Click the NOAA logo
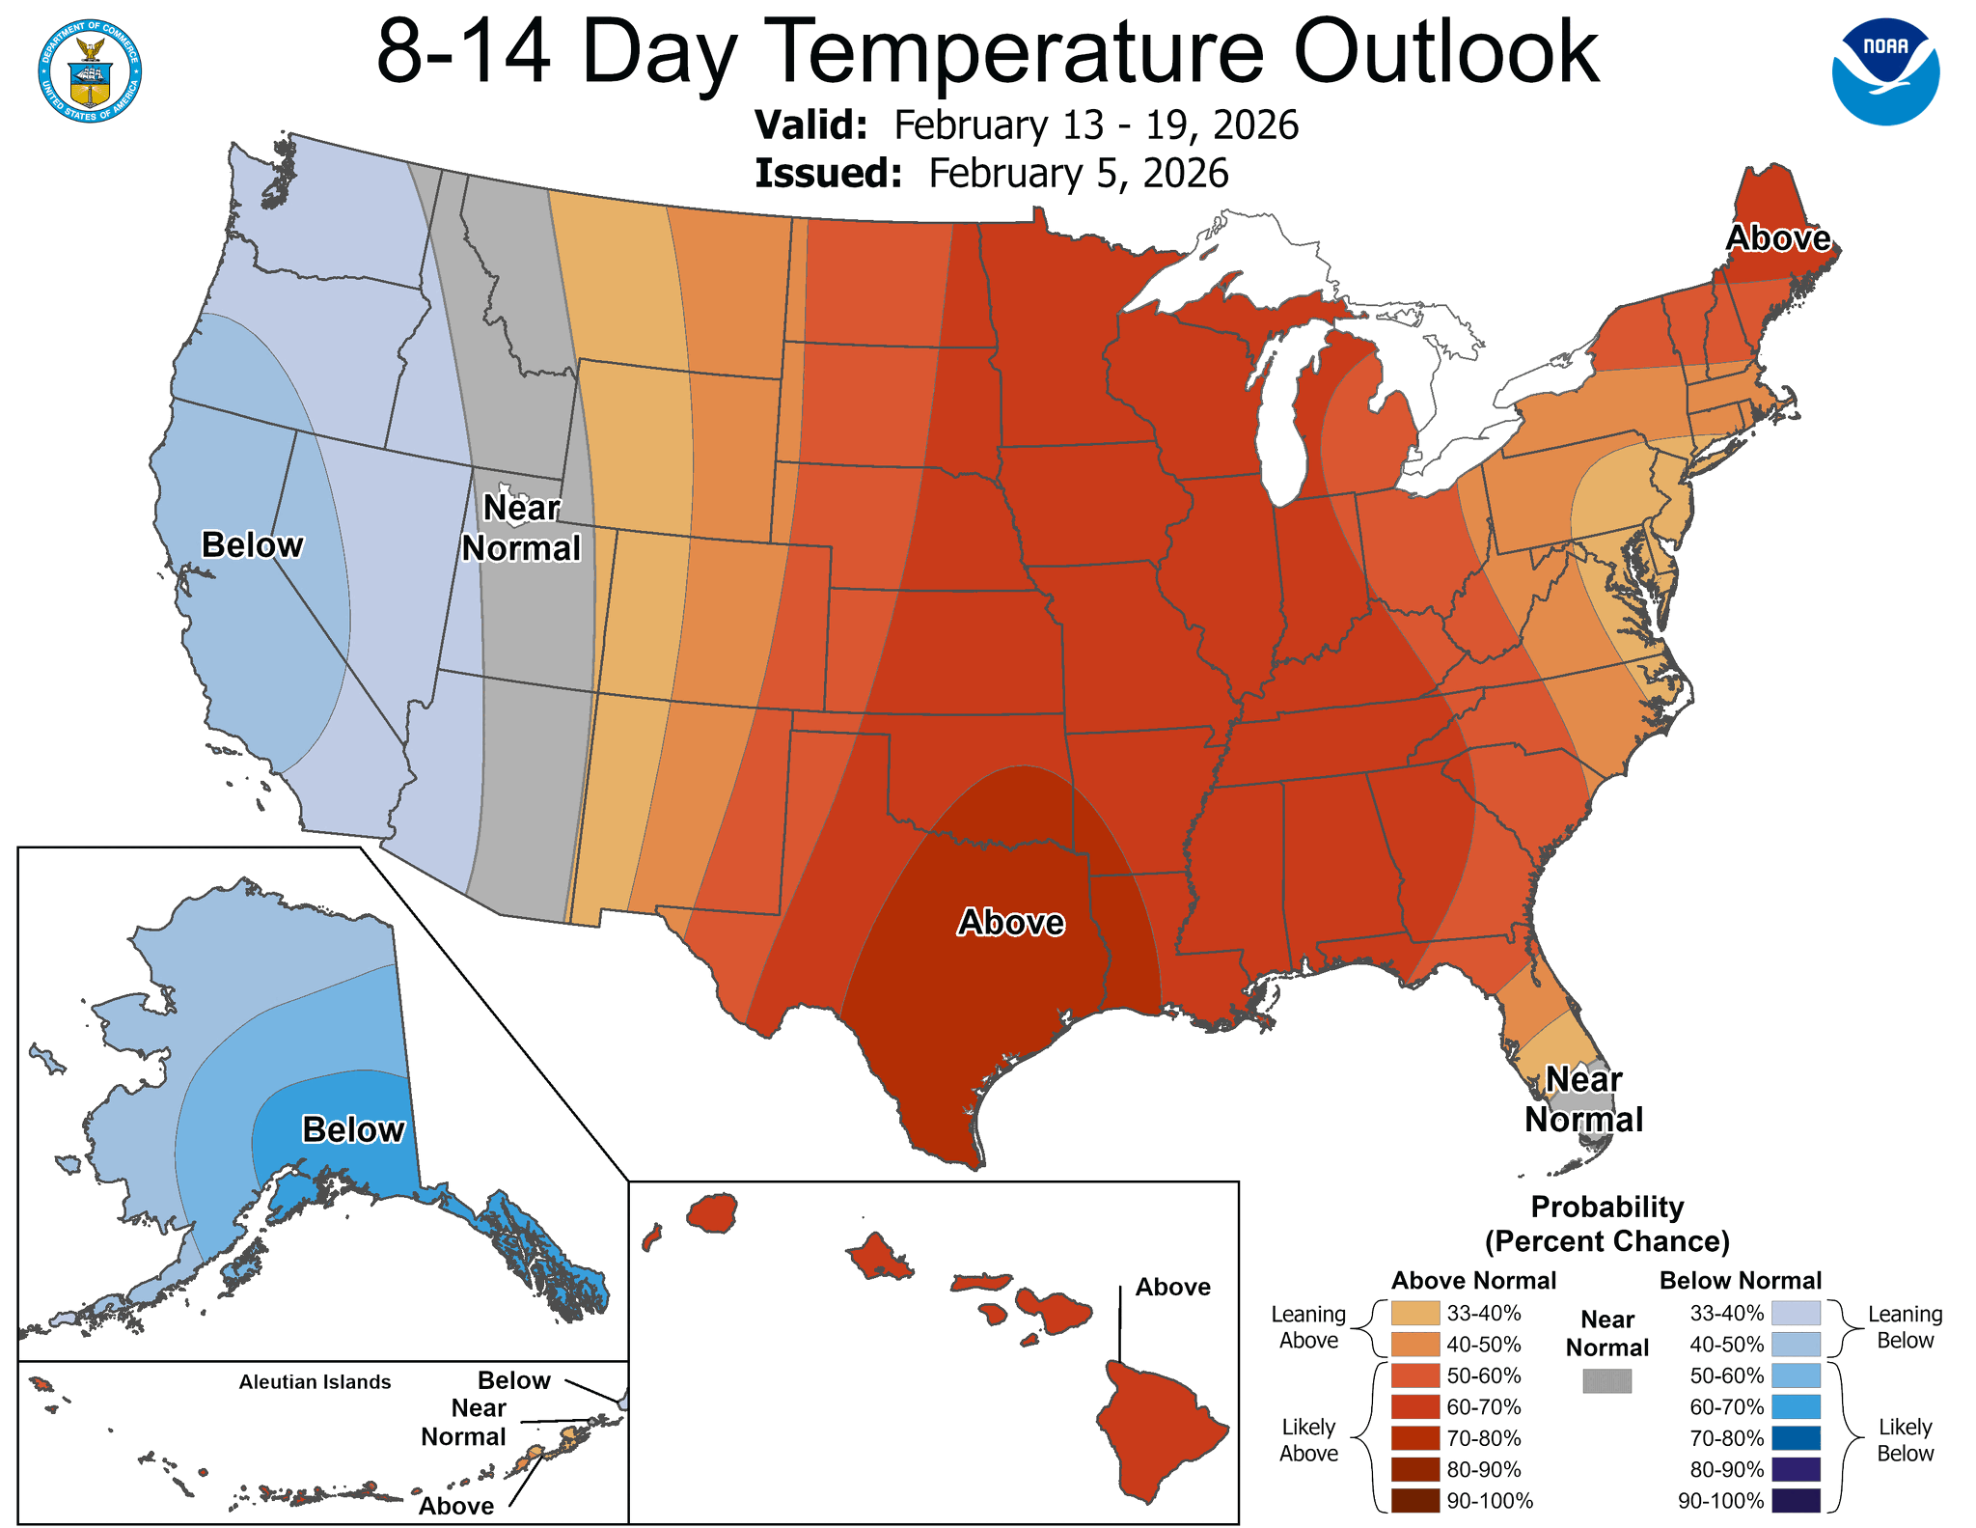click(1885, 70)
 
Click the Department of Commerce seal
click(91, 70)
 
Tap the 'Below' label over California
click(252, 545)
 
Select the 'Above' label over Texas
click(1010, 923)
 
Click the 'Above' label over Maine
click(1777, 238)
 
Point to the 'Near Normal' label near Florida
click(1583, 1099)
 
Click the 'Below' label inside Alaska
click(353, 1129)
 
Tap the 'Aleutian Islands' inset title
click(315, 1382)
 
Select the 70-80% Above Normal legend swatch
click(1415, 1438)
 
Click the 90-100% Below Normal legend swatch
click(1796, 1501)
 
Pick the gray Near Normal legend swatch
click(1606, 1381)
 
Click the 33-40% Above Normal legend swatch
click(1415, 1313)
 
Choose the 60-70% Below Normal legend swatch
click(1796, 1406)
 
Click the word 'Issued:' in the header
click(828, 174)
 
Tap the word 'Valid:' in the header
click(810, 125)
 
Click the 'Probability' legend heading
click(1606, 1207)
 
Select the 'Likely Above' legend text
click(1308, 1440)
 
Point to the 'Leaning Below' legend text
click(1904, 1327)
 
